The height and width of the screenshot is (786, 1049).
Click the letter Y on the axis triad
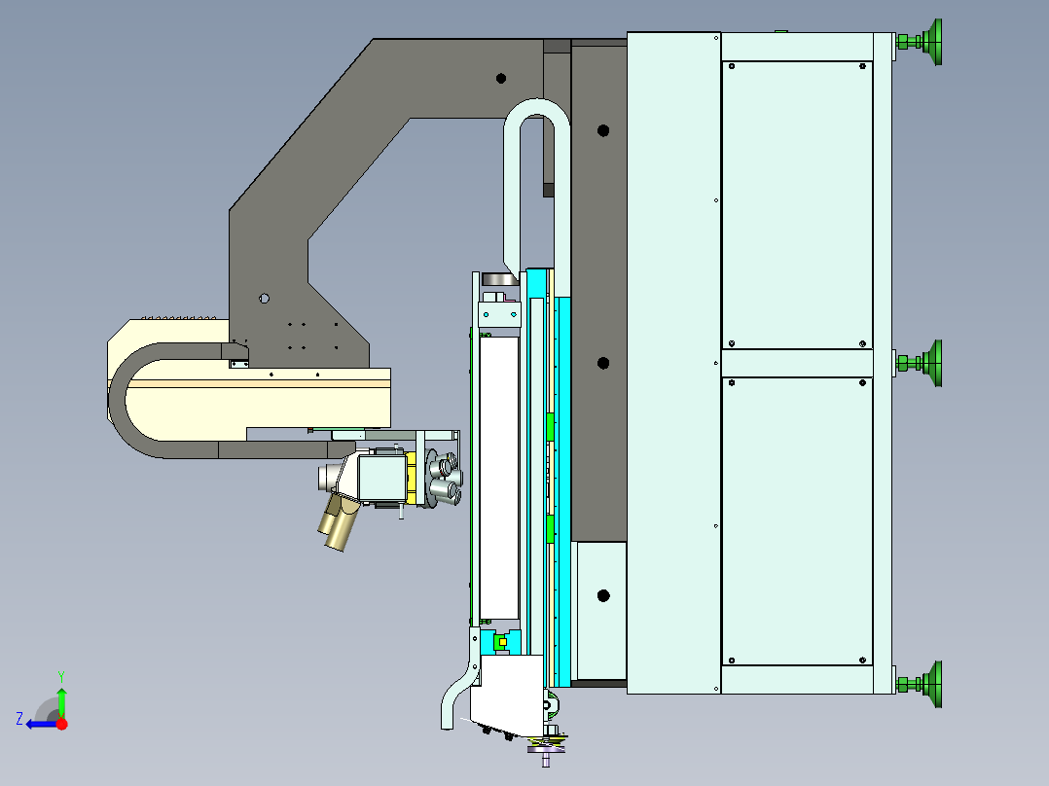coord(61,676)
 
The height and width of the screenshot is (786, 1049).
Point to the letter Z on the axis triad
coord(19,719)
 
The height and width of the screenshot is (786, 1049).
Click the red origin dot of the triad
coord(61,724)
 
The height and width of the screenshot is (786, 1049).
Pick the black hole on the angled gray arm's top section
coord(501,78)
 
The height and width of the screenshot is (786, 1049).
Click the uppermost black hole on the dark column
coord(602,130)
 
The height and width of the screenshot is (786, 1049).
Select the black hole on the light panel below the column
coord(602,595)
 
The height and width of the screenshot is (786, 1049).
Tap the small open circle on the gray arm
coord(265,299)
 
